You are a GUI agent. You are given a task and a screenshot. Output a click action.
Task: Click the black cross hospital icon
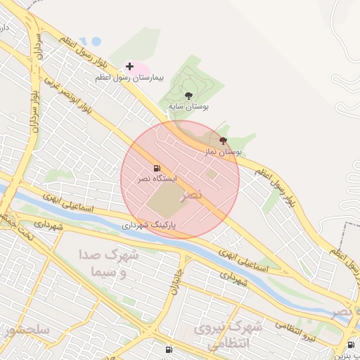coord(129,66)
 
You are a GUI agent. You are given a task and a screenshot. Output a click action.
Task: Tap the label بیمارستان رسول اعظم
coord(129,77)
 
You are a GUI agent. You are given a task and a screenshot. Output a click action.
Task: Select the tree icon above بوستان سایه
coord(188,95)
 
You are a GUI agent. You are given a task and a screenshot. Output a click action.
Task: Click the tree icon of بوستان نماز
coord(223,141)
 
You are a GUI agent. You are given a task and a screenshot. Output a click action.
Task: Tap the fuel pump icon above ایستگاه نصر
coord(156,168)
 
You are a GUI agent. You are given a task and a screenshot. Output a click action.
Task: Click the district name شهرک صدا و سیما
coord(108,264)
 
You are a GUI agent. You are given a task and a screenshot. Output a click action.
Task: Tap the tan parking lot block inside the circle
coord(165,200)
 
